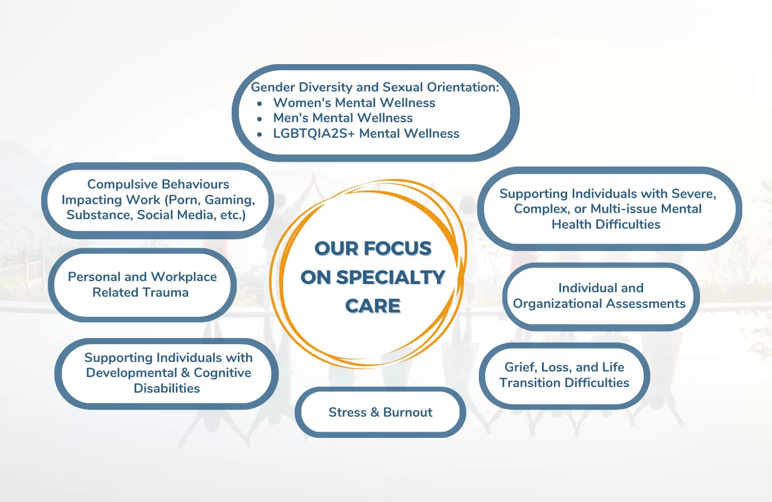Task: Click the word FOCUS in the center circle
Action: [x=397, y=248]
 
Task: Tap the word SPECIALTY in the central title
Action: [x=391, y=277]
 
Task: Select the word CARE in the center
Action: [x=373, y=306]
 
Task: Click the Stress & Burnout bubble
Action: [x=380, y=412]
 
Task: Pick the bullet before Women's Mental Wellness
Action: [x=260, y=103]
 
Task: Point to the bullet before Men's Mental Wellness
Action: [x=260, y=119]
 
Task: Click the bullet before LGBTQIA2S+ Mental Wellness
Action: [x=260, y=134]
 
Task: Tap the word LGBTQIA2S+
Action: [x=314, y=134]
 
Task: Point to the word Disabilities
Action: [x=167, y=388]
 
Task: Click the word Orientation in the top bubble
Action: [x=463, y=87]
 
